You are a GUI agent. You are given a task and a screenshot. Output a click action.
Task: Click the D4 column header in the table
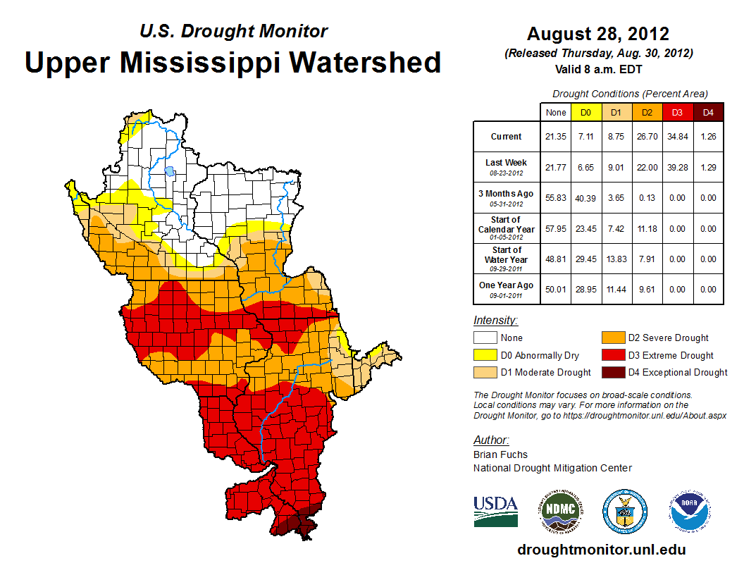pos(708,112)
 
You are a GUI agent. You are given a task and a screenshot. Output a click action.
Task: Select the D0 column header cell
pos(585,112)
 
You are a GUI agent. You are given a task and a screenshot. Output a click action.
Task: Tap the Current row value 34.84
pos(678,137)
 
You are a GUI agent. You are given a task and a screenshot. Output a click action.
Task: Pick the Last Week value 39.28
pos(678,167)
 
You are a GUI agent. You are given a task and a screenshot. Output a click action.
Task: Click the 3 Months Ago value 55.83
pos(555,198)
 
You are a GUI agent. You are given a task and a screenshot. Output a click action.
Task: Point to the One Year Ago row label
pos(506,289)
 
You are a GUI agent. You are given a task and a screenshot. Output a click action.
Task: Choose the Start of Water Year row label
pos(506,259)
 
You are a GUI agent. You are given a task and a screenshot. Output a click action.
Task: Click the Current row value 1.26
pos(708,137)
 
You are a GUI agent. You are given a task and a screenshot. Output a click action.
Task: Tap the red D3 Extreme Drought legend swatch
pos(612,355)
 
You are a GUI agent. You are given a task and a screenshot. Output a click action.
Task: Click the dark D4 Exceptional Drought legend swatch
pos(612,372)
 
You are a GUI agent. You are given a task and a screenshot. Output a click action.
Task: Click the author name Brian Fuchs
pos(500,455)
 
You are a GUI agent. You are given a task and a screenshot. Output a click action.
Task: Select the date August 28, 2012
pos(597,34)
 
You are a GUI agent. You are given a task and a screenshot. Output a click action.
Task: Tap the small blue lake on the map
pos(169,171)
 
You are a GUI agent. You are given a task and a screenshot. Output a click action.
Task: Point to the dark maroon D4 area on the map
pos(297,524)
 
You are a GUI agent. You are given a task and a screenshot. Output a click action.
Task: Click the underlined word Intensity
pos(495,321)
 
